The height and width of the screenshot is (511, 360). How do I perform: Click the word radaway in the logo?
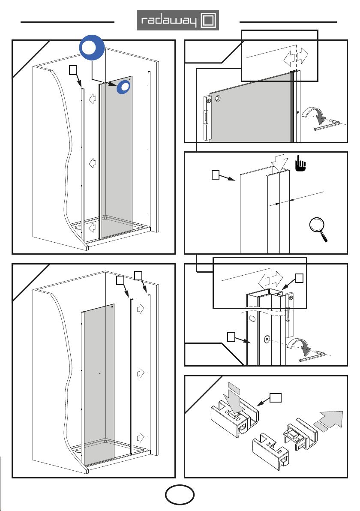169,21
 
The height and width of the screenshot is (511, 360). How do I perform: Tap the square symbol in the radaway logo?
208,21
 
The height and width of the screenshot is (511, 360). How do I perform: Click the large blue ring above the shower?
92,48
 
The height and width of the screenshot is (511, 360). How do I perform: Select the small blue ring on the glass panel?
124,87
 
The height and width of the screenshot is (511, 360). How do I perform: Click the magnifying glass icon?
318,229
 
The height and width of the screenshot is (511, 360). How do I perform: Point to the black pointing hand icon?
301,163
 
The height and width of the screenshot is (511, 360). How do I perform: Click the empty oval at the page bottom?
180,495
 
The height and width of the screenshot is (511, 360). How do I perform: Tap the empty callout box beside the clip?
275,397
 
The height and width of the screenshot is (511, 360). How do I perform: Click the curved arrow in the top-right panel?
313,114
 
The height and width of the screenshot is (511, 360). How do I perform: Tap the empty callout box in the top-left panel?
73,69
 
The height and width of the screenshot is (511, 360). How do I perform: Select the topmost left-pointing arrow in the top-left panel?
93,99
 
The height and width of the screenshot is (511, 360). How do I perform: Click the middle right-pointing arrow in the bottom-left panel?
141,373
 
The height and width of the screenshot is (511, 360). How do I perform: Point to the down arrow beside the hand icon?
280,163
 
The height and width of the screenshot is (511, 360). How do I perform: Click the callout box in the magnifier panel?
215,175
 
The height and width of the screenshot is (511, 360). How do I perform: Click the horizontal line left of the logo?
67,22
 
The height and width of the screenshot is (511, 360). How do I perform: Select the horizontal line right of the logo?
288,22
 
